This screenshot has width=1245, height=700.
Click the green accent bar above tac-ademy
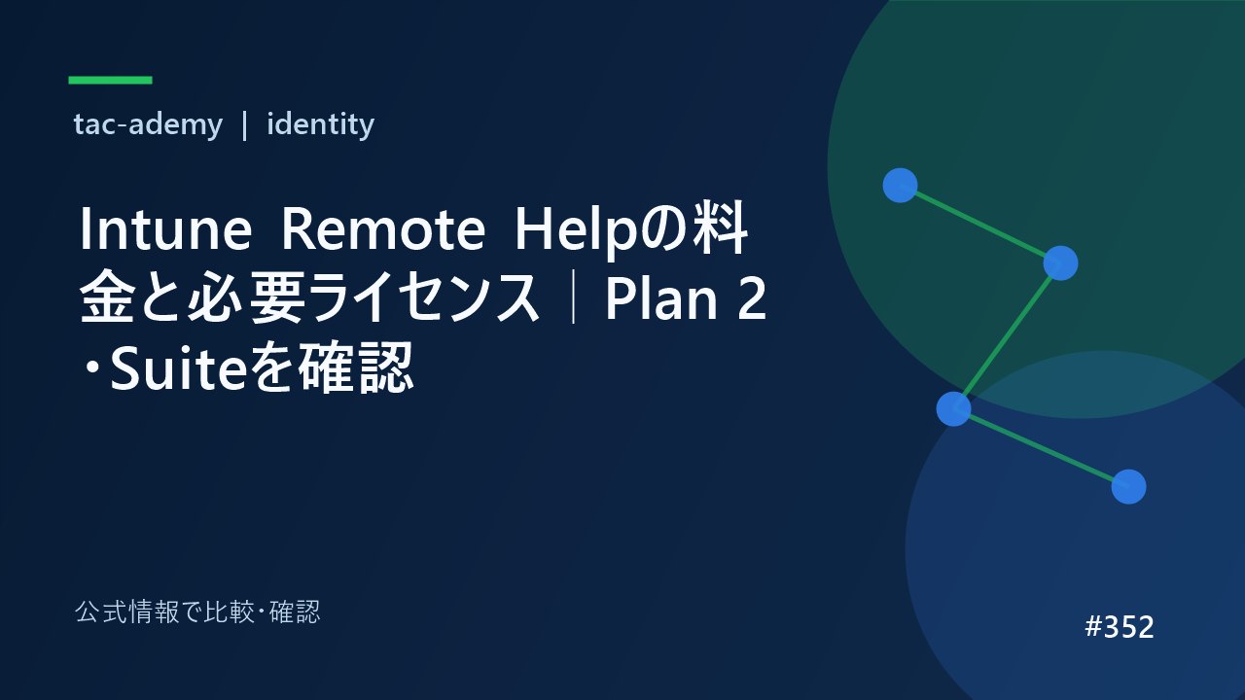pyautogui.click(x=110, y=80)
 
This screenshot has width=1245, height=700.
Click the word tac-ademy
pyautogui.click(x=148, y=123)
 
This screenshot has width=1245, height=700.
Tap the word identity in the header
pyautogui.click(x=321, y=123)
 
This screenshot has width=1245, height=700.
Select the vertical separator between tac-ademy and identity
pyautogui.click(x=244, y=125)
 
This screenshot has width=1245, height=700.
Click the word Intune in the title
pyautogui.click(x=165, y=228)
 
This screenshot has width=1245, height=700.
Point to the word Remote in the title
pyautogui.click(x=383, y=228)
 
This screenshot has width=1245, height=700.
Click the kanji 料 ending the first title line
pyautogui.click(x=720, y=228)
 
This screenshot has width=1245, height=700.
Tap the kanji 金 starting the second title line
pyautogui.click(x=107, y=297)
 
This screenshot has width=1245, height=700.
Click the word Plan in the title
pyautogui.click(x=661, y=298)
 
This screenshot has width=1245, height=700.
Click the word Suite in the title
pyautogui.click(x=178, y=368)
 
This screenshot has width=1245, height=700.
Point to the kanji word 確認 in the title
pyautogui.click(x=356, y=367)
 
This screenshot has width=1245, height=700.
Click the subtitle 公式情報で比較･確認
pyautogui.click(x=197, y=612)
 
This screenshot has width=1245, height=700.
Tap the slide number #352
pyautogui.click(x=1120, y=627)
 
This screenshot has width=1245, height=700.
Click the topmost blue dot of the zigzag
pyautogui.click(x=900, y=185)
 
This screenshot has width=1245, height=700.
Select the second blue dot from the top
pyautogui.click(x=1060, y=262)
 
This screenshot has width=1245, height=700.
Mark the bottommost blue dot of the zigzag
pyautogui.click(x=1128, y=487)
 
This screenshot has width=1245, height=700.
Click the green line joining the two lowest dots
pyautogui.click(x=1041, y=448)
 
